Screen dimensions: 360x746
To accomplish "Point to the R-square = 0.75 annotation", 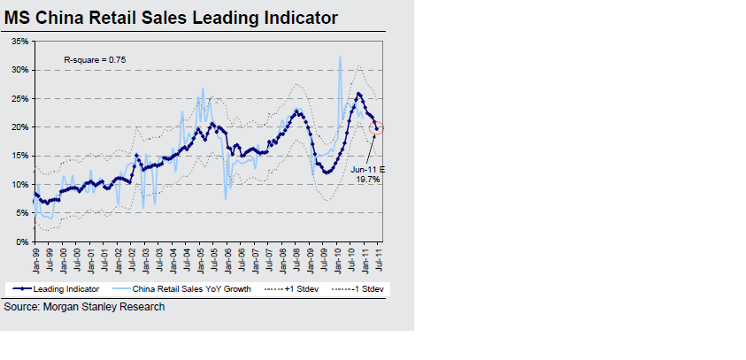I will coord(94,59).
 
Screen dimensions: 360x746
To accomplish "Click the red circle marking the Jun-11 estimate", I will coord(377,128).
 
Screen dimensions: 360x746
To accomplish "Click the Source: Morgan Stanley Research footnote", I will coord(84,307).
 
